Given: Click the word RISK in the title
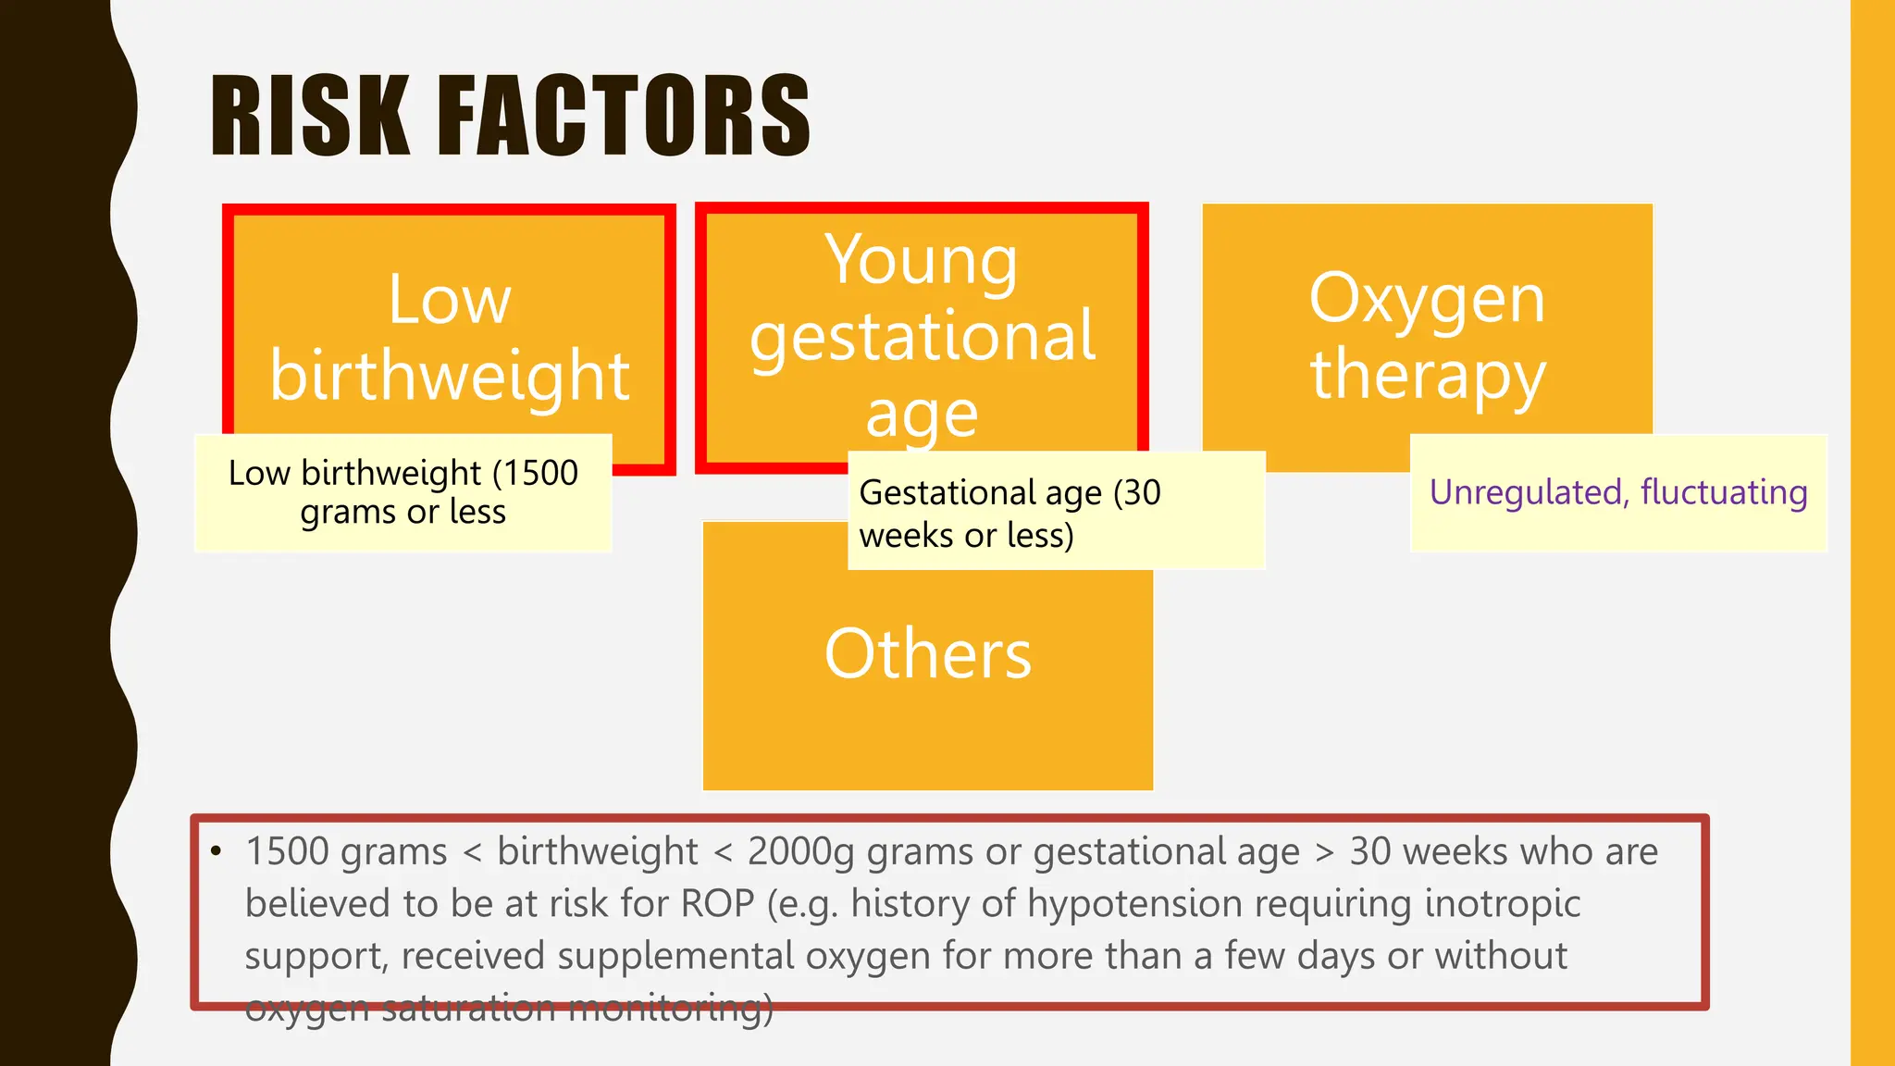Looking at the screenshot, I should coord(310,117).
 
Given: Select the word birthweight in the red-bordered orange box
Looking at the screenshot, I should coord(450,376).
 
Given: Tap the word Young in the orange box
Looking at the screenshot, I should coord(922,260).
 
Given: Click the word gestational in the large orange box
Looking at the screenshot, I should coord(923,337).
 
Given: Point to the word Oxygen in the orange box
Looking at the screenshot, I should coord(1427,300).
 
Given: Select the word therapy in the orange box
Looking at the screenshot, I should coord(1427,376).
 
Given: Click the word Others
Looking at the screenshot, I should coord(927,653).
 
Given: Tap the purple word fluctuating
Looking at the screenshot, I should coord(1723,492).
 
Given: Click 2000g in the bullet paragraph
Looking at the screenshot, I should coord(800,852).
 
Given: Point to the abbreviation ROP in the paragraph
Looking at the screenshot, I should coord(718,904).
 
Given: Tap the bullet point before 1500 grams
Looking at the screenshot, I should coord(217,851).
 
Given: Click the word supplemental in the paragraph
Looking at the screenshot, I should coord(675,956).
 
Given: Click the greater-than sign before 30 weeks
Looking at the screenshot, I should coord(1325,852).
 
